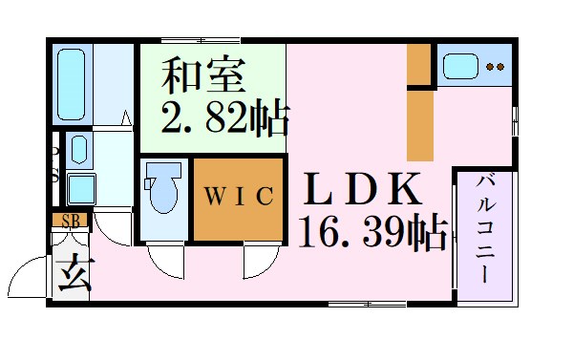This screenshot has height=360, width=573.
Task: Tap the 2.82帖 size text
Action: tap(226, 118)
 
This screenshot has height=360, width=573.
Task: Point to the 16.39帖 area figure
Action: tap(372, 232)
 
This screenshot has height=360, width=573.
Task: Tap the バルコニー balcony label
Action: tap(484, 230)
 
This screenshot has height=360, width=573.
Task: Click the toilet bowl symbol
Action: tap(163, 191)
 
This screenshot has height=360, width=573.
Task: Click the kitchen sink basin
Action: tap(459, 66)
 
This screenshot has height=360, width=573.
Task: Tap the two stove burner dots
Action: tap(495, 67)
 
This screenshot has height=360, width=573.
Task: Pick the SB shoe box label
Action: tap(70, 221)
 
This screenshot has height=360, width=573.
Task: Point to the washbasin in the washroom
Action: tap(78, 151)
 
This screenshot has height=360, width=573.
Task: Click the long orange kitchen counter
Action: tap(420, 124)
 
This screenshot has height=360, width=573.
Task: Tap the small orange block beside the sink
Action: tap(418, 65)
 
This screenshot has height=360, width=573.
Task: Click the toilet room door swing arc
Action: tap(162, 259)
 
